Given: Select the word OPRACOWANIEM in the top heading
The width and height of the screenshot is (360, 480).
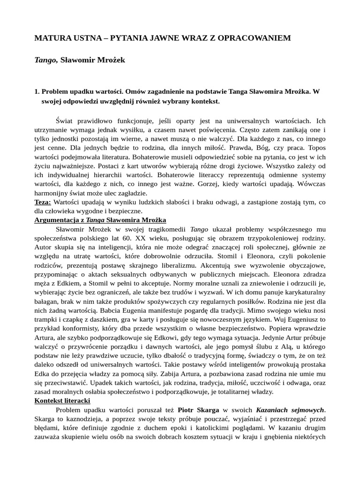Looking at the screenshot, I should click(261, 38).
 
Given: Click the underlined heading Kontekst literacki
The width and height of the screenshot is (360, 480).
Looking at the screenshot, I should click(62, 401).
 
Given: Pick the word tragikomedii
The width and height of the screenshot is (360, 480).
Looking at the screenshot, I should click(165, 229).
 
